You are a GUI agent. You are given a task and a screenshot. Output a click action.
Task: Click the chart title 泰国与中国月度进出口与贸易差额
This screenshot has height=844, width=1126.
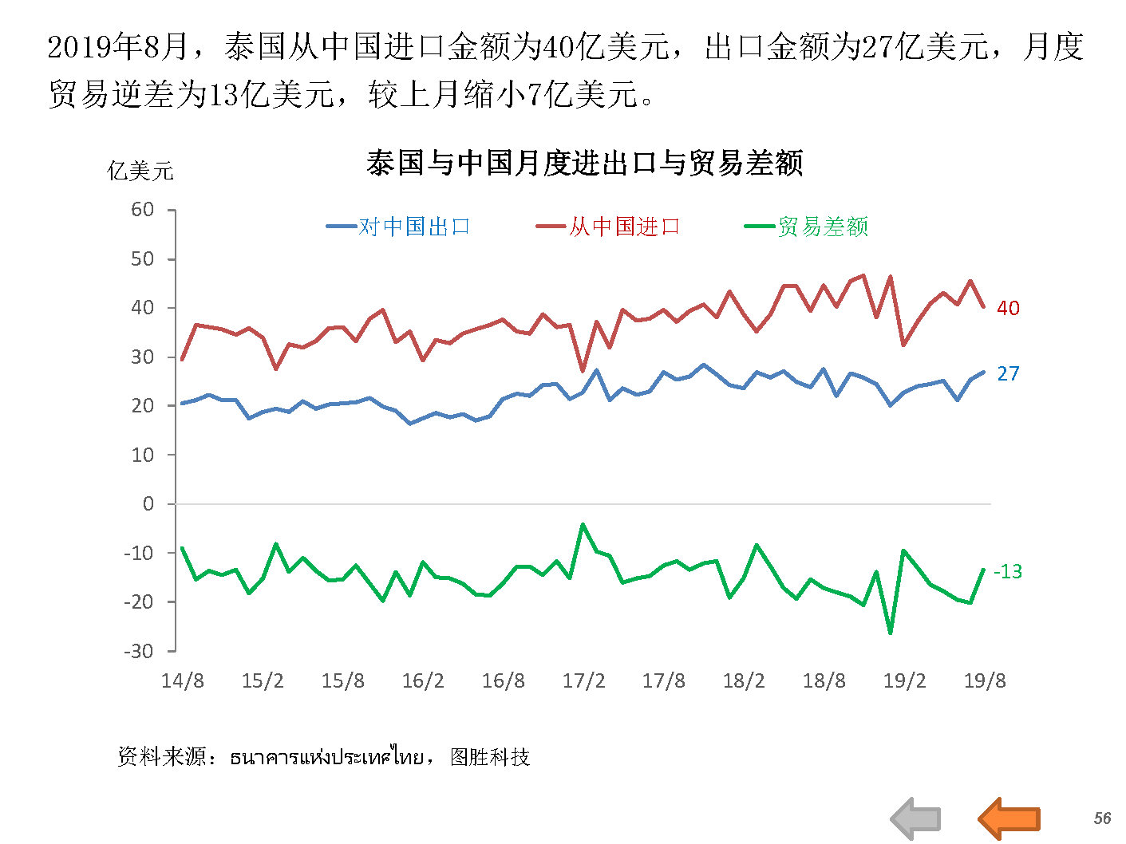click(x=584, y=164)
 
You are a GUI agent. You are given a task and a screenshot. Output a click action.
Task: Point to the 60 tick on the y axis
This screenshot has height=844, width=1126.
click(x=143, y=210)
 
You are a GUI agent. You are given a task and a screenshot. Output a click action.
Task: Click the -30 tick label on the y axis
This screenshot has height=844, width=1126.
click(x=138, y=651)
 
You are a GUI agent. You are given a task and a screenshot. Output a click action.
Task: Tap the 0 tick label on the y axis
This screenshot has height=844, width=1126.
click(x=148, y=504)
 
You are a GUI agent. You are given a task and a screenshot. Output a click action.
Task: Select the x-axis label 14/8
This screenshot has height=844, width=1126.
click(x=182, y=681)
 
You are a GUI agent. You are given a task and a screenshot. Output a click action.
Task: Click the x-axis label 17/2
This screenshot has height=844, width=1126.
click(x=583, y=681)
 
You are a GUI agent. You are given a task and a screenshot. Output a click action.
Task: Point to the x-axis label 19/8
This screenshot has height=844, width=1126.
click(x=985, y=681)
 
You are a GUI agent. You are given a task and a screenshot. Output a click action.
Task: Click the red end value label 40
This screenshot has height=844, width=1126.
click(x=1008, y=308)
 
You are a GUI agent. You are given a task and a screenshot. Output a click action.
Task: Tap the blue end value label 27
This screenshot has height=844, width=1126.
click(x=1008, y=373)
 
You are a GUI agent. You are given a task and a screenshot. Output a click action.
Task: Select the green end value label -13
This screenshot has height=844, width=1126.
click(x=1007, y=571)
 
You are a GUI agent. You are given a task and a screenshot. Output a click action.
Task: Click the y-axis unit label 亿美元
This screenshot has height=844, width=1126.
click(x=140, y=171)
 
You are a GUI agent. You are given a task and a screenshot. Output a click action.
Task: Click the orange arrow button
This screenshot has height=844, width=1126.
click(x=1009, y=818)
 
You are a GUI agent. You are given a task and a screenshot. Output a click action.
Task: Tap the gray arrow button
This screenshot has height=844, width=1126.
click(x=916, y=818)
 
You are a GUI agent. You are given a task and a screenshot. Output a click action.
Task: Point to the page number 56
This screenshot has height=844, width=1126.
click(x=1102, y=818)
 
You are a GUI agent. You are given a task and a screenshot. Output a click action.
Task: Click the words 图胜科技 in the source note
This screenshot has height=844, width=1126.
click(x=490, y=757)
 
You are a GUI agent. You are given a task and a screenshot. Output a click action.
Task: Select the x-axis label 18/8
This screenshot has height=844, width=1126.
click(x=824, y=681)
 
